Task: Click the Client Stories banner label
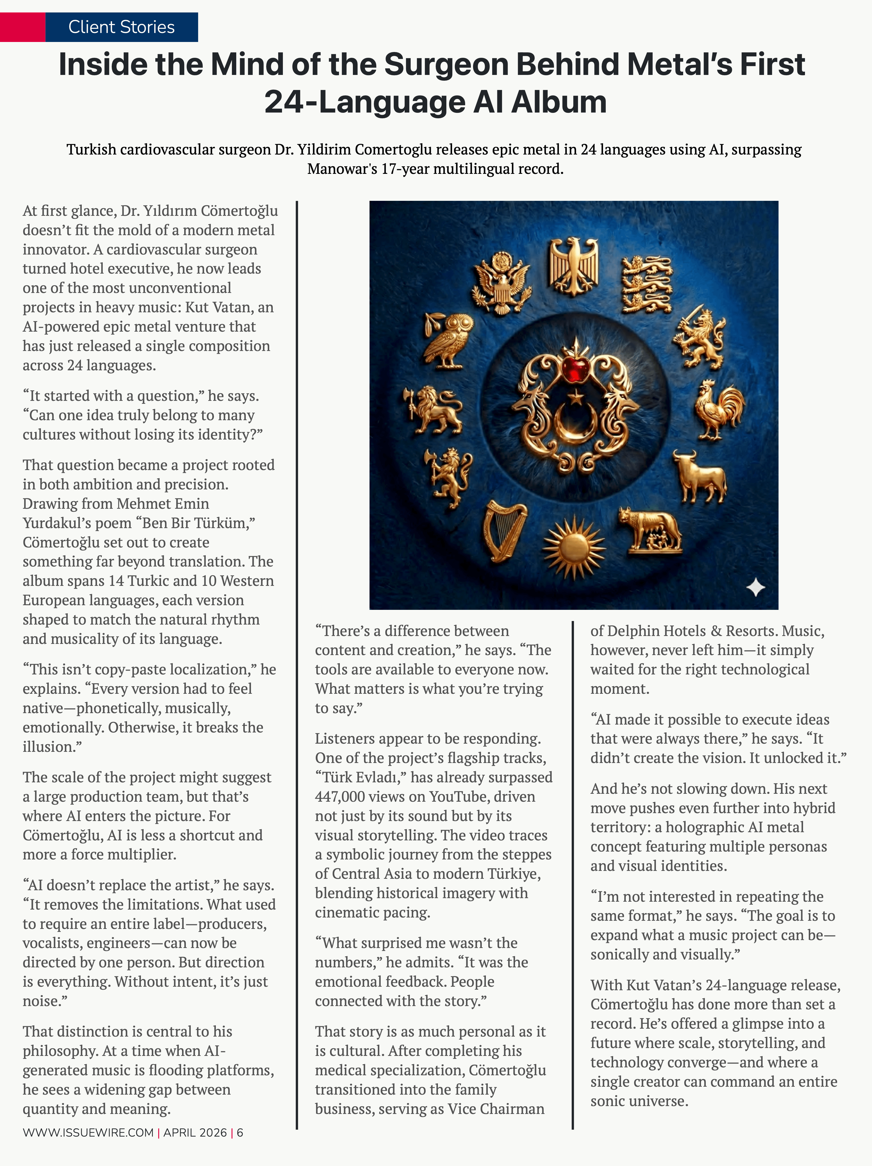121,27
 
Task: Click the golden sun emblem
574,548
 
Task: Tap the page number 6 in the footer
240,1132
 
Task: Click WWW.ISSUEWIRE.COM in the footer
88,1132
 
